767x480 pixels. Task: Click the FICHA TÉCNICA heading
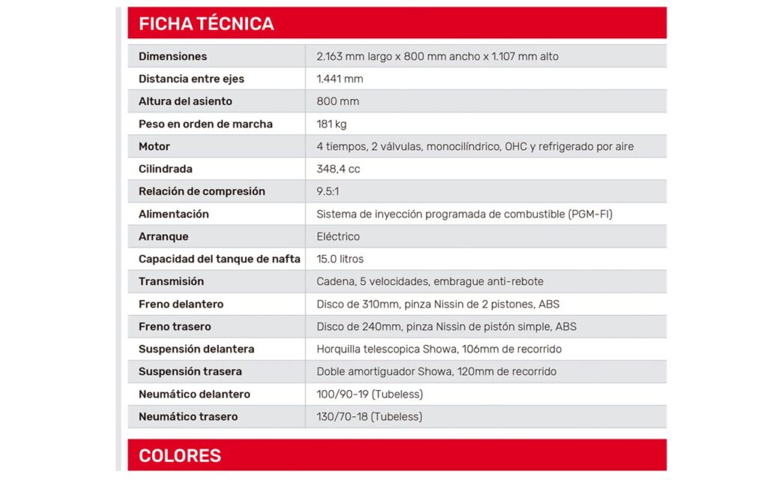(x=206, y=23)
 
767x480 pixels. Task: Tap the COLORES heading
(x=180, y=455)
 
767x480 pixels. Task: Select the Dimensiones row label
(x=172, y=56)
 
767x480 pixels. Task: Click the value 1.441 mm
(x=339, y=79)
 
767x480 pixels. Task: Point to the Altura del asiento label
(x=185, y=101)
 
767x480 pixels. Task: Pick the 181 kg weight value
(x=331, y=124)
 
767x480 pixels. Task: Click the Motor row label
(x=154, y=146)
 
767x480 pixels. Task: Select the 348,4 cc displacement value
(x=338, y=169)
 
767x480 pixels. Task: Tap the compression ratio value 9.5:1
(x=327, y=191)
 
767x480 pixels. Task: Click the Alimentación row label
(x=173, y=214)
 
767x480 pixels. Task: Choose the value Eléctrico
(x=338, y=236)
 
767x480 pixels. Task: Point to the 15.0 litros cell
(x=340, y=259)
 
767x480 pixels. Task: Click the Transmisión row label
(x=171, y=281)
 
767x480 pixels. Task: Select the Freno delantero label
(x=181, y=304)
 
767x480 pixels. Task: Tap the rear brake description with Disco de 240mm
(x=446, y=326)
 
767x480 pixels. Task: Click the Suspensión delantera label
(x=196, y=349)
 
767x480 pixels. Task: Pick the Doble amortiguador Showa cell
(x=436, y=371)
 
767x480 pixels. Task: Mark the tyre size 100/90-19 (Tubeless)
(x=369, y=394)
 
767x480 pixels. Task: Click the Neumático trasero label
(x=188, y=416)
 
